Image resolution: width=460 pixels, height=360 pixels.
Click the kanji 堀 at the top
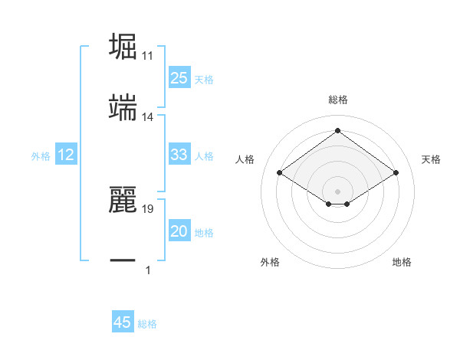point(124,46)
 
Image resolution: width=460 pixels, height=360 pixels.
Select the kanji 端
point(124,108)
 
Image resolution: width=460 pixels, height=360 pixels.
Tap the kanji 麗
point(124,199)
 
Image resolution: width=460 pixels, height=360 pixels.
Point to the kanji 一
point(124,261)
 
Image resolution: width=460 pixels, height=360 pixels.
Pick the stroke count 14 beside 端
point(148,117)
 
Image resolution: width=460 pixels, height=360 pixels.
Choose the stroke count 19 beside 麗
point(148,208)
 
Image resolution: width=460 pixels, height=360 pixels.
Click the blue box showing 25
point(179,77)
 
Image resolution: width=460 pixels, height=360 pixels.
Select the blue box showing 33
point(179,155)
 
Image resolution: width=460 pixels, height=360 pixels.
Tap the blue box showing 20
point(179,232)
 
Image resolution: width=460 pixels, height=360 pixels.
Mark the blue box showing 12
point(66,155)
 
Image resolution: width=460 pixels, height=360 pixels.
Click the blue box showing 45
point(123,322)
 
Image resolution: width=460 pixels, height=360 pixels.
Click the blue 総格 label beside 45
point(147,324)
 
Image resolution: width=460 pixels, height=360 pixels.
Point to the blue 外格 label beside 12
point(41,156)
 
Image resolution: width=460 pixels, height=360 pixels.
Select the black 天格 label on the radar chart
point(431,159)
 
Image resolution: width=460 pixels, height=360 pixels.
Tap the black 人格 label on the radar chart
point(245,159)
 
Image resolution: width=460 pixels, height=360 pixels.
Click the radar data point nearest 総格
point(337,130)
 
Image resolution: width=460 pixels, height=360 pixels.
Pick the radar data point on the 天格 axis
point(396,173)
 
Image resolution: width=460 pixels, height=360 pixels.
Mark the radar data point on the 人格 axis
point(280,173)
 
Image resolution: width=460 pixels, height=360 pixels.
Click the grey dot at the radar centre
point(337,190)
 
